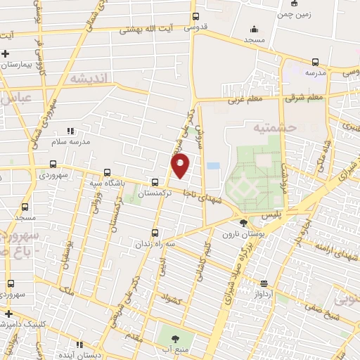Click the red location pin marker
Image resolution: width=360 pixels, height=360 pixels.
pyautogui.click(x=181, y=166)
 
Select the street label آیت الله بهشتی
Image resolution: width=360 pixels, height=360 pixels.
pyautogui.click(x=146, y=30)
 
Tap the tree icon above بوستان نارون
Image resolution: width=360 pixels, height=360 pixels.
pyautogui.click(x=243, y=223)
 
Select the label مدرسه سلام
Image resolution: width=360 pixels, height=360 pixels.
pyautogui.click(x=71, y=143)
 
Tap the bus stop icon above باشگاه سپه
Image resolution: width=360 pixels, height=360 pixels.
pyautogui.click(x=107, y=172)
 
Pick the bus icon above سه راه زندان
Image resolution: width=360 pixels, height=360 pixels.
pyautogui.click(x=155, y=233)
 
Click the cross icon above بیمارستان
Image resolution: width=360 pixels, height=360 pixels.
pyautogui.click(x=6, y=53)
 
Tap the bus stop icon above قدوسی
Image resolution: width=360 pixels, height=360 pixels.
pyautogui.click(x=195, y=17)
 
